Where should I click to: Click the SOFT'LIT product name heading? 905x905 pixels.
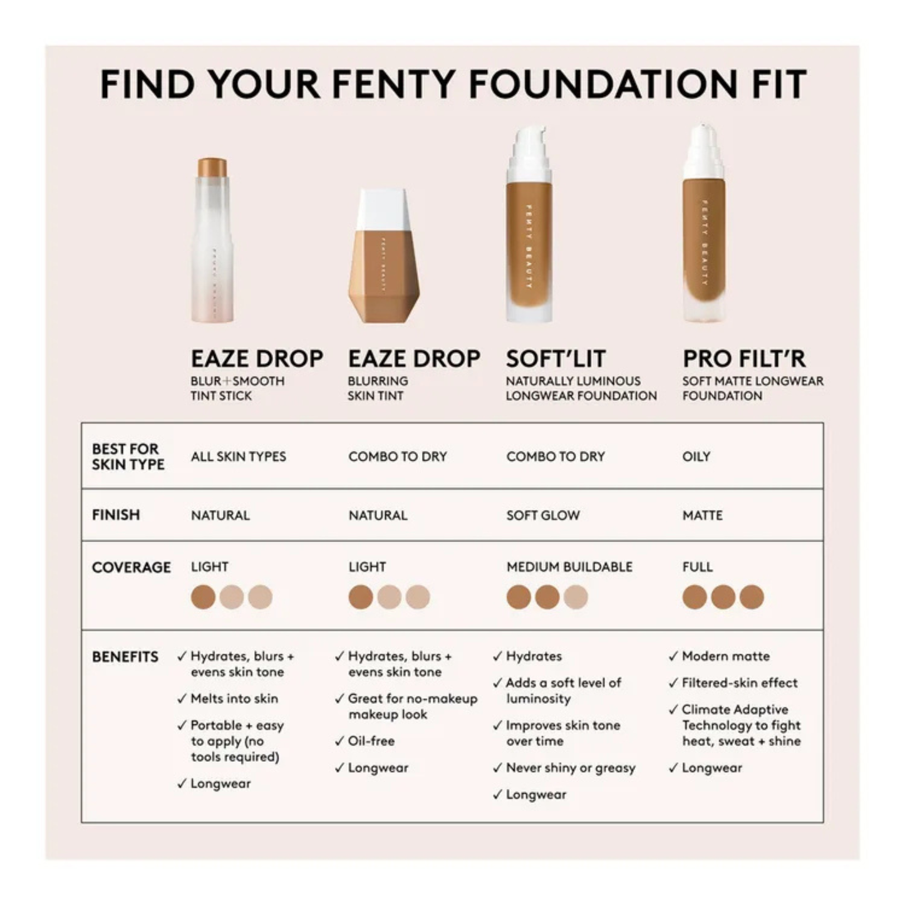pyautogui.click(x=556, y=359)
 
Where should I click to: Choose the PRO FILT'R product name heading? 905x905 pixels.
pyautogui.click(x=744, y=359)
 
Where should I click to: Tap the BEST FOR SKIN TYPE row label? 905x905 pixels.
pyautogui.click(x=128, y=457)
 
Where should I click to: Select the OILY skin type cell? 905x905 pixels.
pyautogui.click(x=696, y=457)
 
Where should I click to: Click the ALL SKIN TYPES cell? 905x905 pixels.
pyautogui.click(x=238, y=457)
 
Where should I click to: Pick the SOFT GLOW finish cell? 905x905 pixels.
pyautogui.click(x=543, y=515)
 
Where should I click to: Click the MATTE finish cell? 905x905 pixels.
pyautogui.click(x=702, y=515)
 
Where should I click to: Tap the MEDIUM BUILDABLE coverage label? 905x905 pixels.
pyautogui.click(x=569, y=567)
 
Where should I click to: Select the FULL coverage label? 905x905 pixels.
pyautogui.click(x=697, y=567)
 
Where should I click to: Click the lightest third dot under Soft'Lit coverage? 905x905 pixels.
pyautogui.click(x=575, y=597)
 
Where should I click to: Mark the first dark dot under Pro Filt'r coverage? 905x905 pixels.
pyautogui.click(x=695, y=597)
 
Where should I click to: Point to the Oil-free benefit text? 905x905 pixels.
pyautogui.click(x=371, y=741)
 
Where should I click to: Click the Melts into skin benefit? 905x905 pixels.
pyautogui.click(x=234, y=698)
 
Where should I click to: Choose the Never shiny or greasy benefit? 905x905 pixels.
pyautogui.click(x=571, y=768)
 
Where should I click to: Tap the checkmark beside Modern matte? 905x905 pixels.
pyautogui.click(x=673, y=656)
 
